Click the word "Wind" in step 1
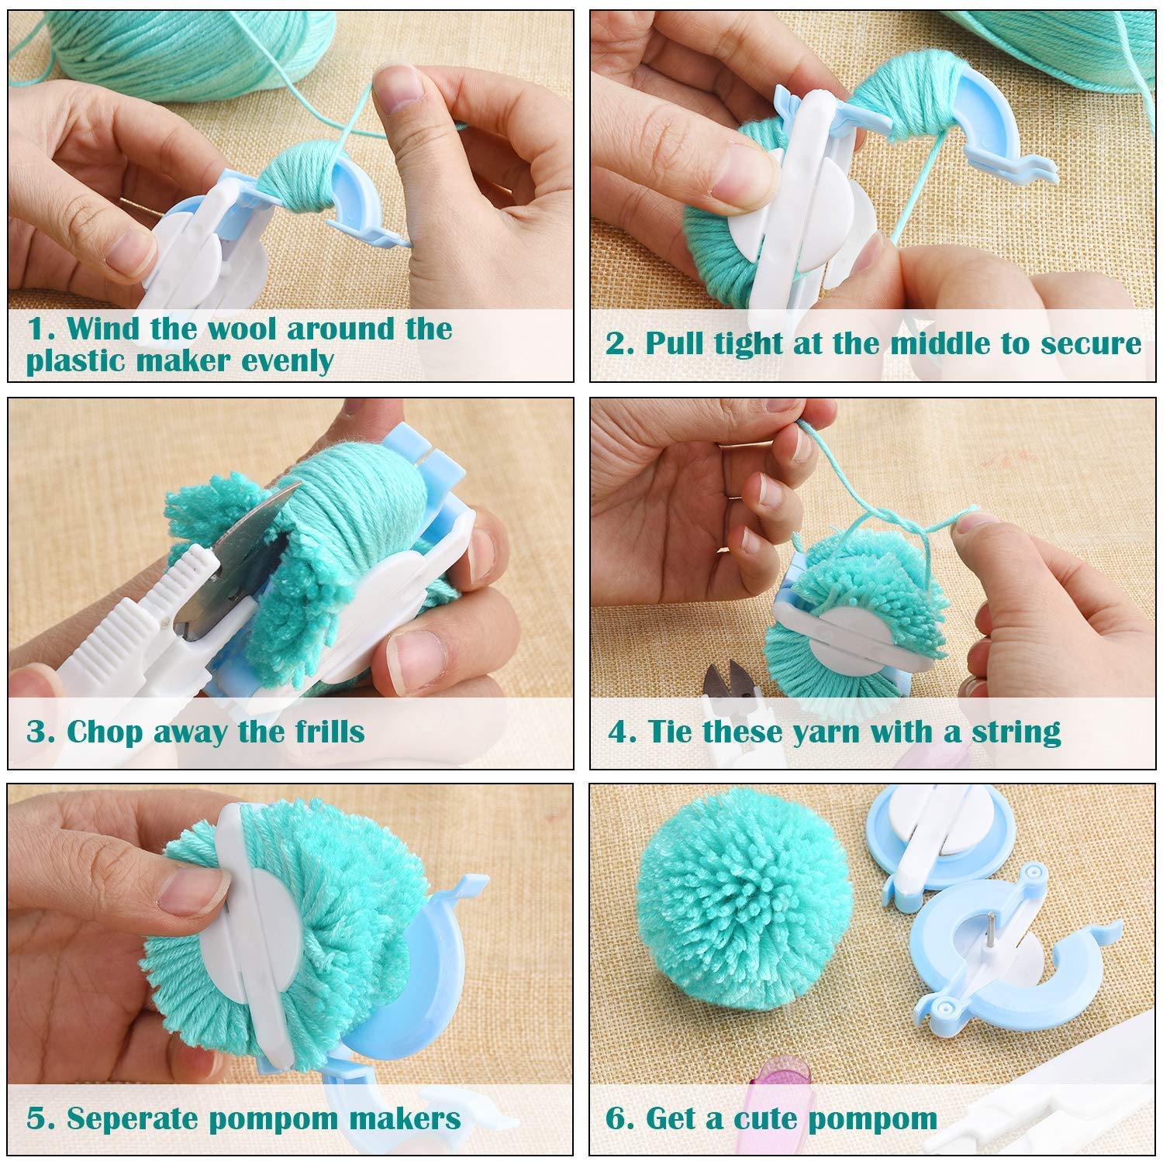pyautogui.click(x=102, y=329)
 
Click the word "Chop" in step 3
pyautogui.click(x=105, y=732)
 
